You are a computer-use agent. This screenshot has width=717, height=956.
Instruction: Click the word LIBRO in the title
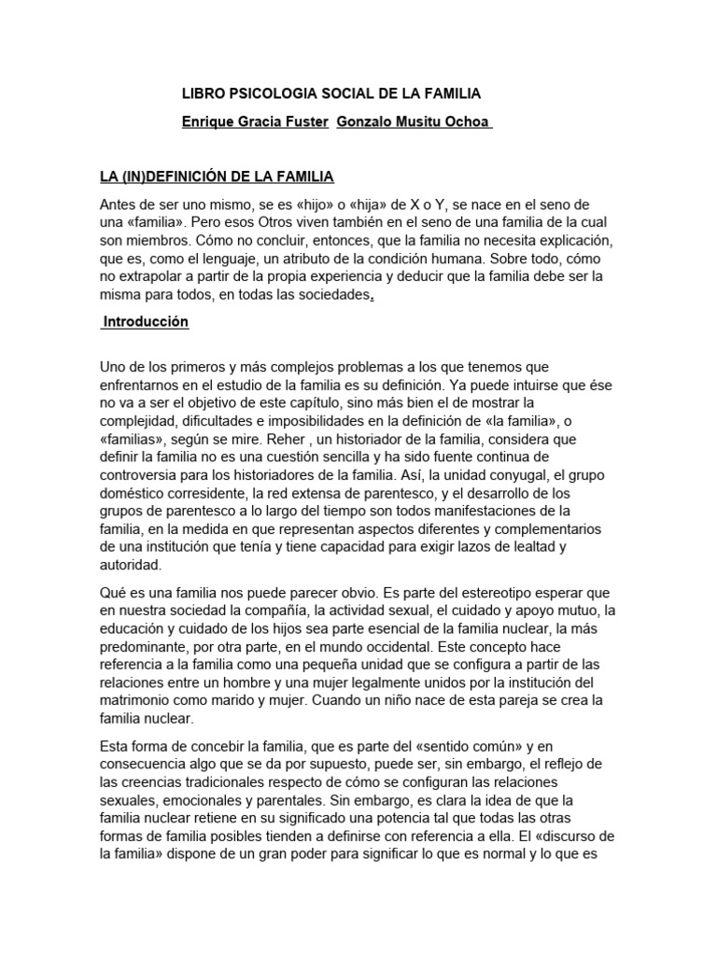tap(203, 93)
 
